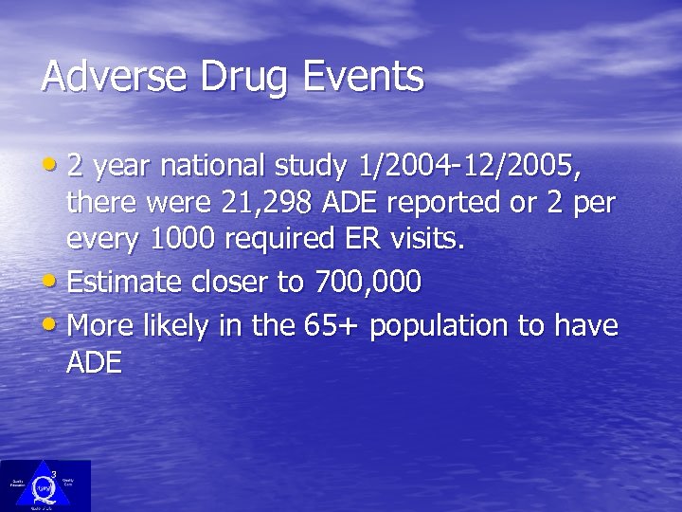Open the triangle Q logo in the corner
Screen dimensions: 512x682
pos(45,485)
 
